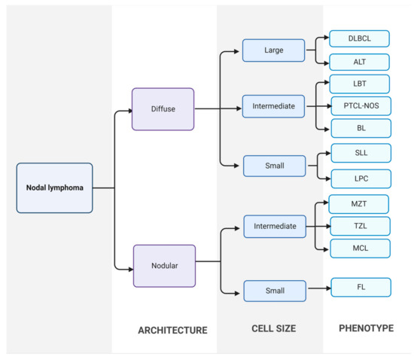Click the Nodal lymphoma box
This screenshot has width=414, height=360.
(x=54, y=188)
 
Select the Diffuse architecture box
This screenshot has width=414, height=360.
(x=163, y=108)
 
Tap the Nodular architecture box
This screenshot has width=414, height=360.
(x=164, y=266)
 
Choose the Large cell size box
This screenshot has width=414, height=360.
(x=273, y=50)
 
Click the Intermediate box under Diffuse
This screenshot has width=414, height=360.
(x=273, y=107)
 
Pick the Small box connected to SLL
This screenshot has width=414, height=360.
(x=273, y=166)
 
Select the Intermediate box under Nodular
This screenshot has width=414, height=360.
(x=275, y=225)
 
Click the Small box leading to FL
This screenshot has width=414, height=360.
(x=275, y=291)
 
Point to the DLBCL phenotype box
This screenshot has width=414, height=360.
(x=360, y=38)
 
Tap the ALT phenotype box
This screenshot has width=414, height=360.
(x=360, y=62)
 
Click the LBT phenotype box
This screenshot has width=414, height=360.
(x=360, y=84)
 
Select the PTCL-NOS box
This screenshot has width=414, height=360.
(x=361, y=106)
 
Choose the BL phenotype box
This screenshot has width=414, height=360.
(x=361, y=128)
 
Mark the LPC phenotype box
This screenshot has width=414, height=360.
(x=361, y=178)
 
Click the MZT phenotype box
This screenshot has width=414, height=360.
(x=359, y=204)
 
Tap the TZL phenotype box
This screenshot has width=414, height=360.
(x=360, y=226)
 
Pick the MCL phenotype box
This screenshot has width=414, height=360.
(x=360, y=248)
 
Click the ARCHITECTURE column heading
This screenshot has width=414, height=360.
(x=172, y=330)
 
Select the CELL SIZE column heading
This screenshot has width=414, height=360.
(x=273, y=328)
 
